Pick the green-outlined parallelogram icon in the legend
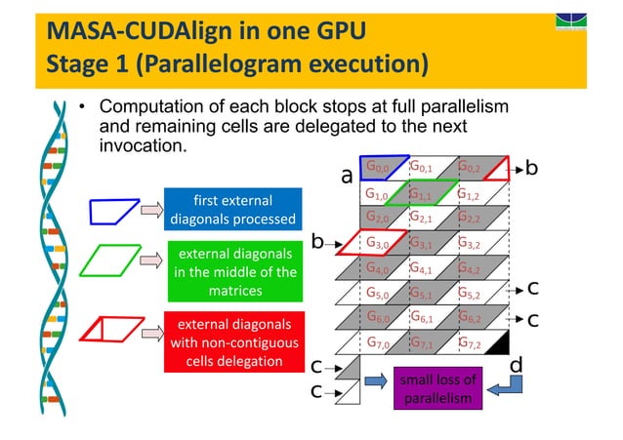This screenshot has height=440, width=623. [x=109, y=262]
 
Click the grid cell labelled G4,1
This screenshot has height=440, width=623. [x=425, y=267]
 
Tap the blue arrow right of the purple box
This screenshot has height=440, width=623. [x=498, y=387]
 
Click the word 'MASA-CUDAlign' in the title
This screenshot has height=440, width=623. [x=132, y=31]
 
